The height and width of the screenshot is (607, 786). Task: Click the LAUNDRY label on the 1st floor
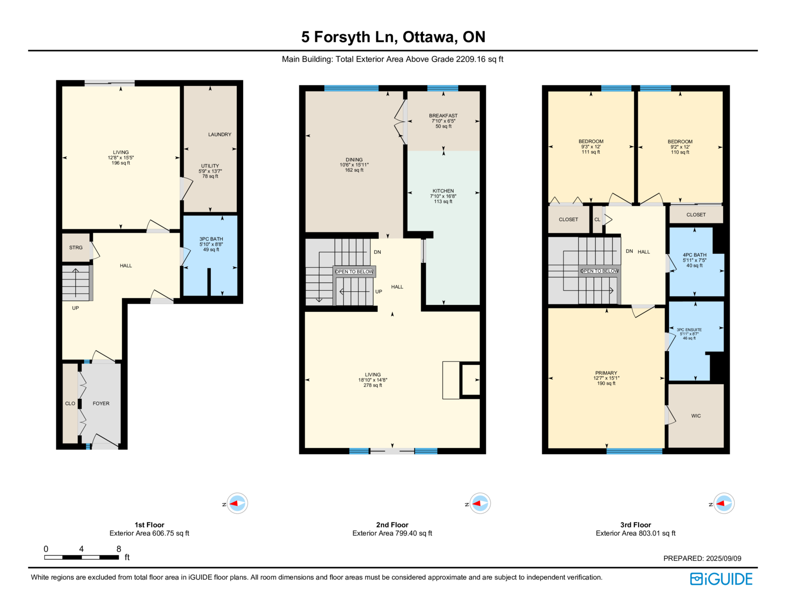click(220, 135)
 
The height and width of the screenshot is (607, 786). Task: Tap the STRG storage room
click(76, 248)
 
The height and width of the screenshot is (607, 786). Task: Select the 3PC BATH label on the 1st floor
click(211, 239)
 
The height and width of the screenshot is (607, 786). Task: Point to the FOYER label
click(101, 404)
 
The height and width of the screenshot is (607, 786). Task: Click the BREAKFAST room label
click(443, 116)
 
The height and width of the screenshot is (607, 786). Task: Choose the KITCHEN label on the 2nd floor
click(443, 191)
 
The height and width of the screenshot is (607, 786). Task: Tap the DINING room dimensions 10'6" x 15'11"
click(354, 165)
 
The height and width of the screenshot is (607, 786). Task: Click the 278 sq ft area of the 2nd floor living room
click(373, 386)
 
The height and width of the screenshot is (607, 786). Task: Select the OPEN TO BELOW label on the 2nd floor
click(354, 272)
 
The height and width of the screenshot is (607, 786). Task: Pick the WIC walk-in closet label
click(696, 416)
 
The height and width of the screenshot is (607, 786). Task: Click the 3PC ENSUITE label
click(689, 330)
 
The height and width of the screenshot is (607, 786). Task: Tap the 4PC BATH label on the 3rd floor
click(695, 255)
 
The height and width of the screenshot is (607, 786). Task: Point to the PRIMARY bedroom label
click(606, 373)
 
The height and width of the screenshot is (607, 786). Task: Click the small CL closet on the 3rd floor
click(597, 220)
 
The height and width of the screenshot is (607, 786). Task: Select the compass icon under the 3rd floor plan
click(724, 503)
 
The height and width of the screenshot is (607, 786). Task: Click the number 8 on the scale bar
click(119, 549)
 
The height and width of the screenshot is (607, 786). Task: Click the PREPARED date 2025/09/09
click(724, 558)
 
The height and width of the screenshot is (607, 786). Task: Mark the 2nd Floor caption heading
click(392, 525)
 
